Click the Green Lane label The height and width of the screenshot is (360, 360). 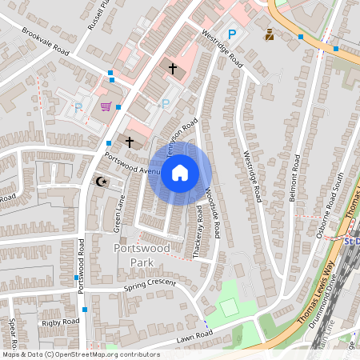pos(120,215)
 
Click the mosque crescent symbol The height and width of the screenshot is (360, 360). pos(101,182)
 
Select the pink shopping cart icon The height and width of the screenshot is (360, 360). pos(105,106)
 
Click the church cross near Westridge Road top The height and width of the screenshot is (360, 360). pos(173,69)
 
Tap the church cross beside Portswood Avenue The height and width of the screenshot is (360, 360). pos(130,142)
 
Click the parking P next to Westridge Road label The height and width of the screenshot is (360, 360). pos(232,34)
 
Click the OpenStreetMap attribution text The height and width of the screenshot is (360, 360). pos(80,354)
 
